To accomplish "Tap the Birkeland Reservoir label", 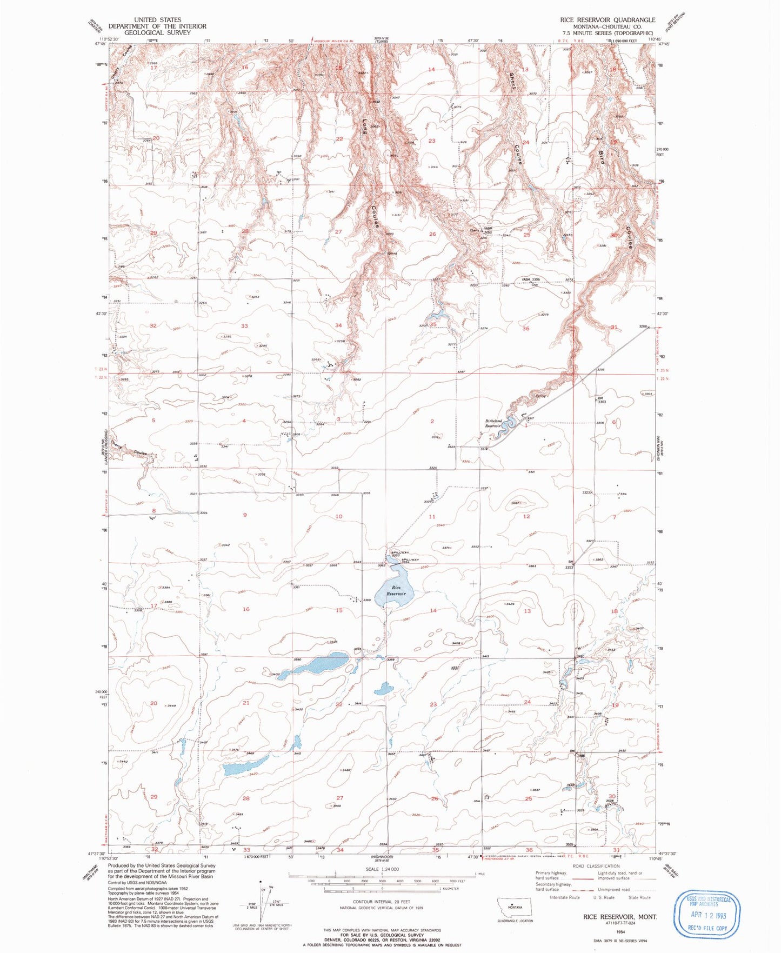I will pos(493,423).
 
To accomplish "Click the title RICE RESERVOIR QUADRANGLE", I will pos(608,20).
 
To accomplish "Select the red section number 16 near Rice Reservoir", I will pos(246,609).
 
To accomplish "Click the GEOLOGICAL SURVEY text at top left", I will pos(157,32).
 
